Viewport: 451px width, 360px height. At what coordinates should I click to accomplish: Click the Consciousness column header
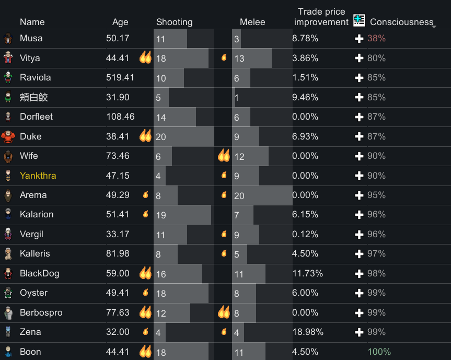pyautogui.click(x=401, y=22)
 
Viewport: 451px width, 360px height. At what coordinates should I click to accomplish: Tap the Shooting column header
pyautogui.click(x=175, y=22)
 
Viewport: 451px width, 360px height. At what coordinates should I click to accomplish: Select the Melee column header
pyautogui.click(x=252, y=22)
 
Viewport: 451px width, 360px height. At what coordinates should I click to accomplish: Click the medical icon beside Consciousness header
pyautogui.click(x=359, y=20)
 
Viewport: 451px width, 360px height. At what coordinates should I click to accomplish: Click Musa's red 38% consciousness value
pyautogui.click(x=376, y=38)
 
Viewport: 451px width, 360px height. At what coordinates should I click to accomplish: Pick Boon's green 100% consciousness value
pyautogui.click(x=379, y=352)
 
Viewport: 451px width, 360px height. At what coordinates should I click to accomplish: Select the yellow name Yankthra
pyautogui.click(x=38, y=176)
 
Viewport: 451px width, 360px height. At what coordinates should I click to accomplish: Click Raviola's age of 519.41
pyautogui.click(x=120, y=77)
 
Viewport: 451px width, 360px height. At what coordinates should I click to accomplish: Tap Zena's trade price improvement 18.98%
pyautogui.click(x=308, y=332)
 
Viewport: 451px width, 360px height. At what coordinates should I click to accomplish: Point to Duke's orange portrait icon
pyautogui.click(x=8, y=136)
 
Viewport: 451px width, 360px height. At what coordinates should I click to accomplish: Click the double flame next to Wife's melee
pyautogui.click(x=224, y=156)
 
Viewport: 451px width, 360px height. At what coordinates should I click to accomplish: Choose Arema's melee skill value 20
pyautogui.click(x=239, y=196)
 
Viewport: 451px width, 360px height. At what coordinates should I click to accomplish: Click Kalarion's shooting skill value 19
pyautogui.click(x=161, y=215)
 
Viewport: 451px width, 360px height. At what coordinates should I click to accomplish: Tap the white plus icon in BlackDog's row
pyautogui.click(x=359, y=273)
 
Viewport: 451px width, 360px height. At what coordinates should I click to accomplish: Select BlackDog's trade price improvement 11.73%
pyautogui.click(x=307, y=273)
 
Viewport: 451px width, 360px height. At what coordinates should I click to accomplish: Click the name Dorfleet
pyautogui.click(x=36, y=117)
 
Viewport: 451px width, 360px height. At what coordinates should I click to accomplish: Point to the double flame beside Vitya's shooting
pyautogui.click(x=145, y=57)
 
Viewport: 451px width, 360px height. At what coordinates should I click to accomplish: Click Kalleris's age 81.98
pyautogui.click(x=118, y=253)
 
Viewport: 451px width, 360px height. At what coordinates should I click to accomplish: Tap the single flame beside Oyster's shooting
pyautogui.click(x=146, y=292)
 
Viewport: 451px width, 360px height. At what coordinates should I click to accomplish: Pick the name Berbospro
pyautogui.click(x=41, y=312)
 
